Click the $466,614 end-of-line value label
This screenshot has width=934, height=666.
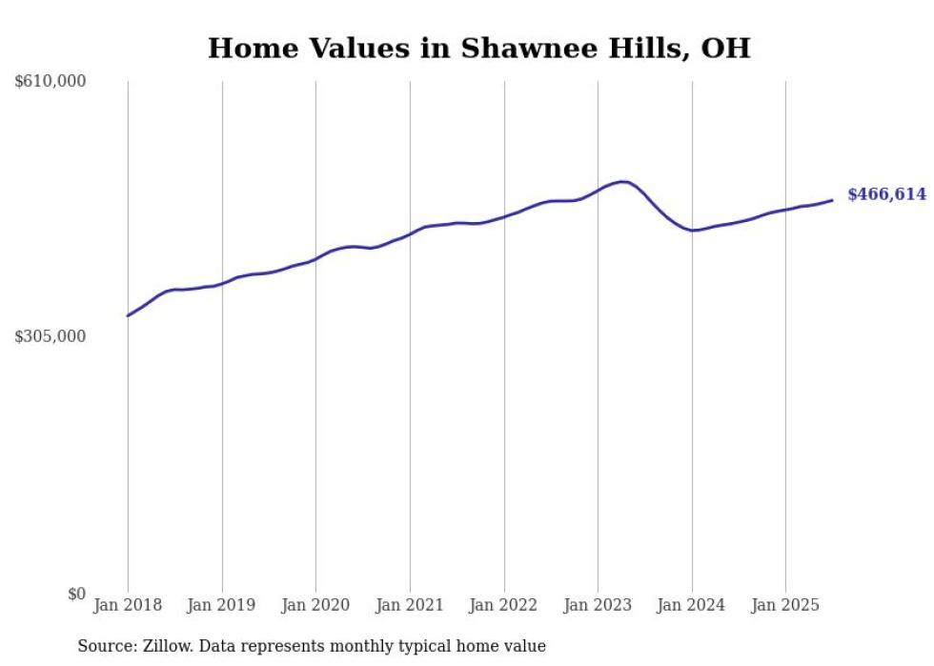[886, 194]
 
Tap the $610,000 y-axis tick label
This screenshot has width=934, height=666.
[51, 82]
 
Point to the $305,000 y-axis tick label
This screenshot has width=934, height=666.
[51, 336]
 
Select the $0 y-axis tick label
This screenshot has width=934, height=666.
[76, 594]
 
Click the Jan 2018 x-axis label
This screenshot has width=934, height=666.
[128, 605]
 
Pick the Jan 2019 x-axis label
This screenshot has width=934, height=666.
[222, 605]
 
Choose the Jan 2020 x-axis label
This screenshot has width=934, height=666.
[315, 605]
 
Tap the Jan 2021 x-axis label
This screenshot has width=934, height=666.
[410, 605]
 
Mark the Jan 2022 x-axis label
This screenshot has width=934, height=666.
[504, 605]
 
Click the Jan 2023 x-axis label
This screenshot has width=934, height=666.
[598, 605]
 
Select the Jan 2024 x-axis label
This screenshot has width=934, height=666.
[692, 605]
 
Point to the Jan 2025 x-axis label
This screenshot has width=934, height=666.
[785, 605]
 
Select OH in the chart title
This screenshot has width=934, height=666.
[725, 49]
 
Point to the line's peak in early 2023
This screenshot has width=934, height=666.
[622, 181]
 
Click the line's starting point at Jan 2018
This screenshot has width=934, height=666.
[128, 315]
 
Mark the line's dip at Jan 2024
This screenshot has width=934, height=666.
[694, 231]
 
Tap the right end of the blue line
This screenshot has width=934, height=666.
[832, 200]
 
